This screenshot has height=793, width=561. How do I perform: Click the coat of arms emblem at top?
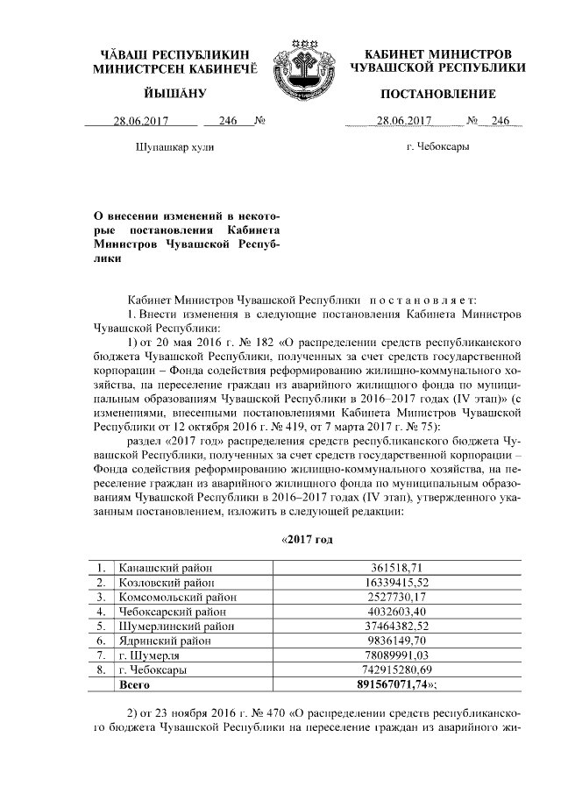(301, 67)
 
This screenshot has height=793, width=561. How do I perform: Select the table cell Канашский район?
(166, 569)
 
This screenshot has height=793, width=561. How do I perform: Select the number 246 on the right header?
(501, 122)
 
